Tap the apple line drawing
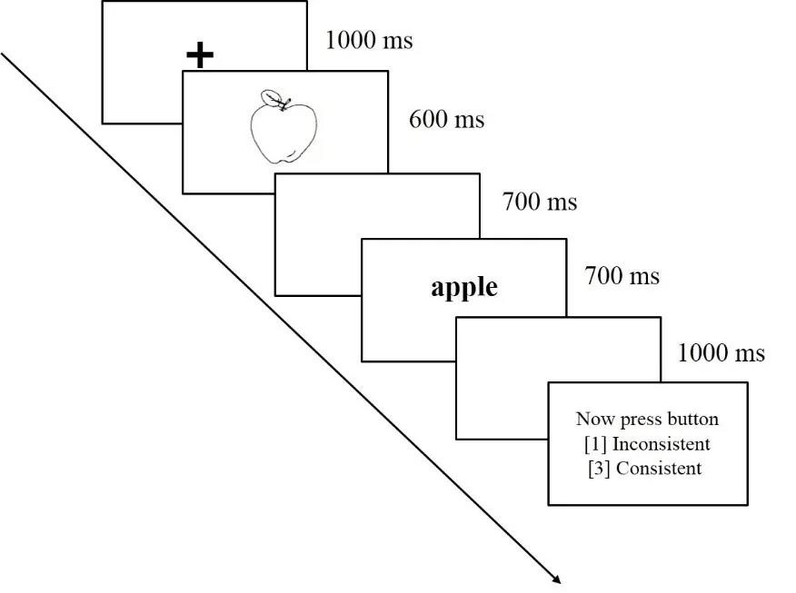click(284, 132)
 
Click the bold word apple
click(464, 287)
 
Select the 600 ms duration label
click(446, 119)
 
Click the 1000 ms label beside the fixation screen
click(368, 40)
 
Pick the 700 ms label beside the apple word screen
click(622, 274)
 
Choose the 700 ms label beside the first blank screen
click(539, 201)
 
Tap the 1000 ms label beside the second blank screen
click(721, 352)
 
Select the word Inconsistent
click(661, 444)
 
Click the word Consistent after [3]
click(659, 469)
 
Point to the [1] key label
click(596, 444)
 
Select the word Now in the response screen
click(592, 419)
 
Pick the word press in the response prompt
click(638, 419)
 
